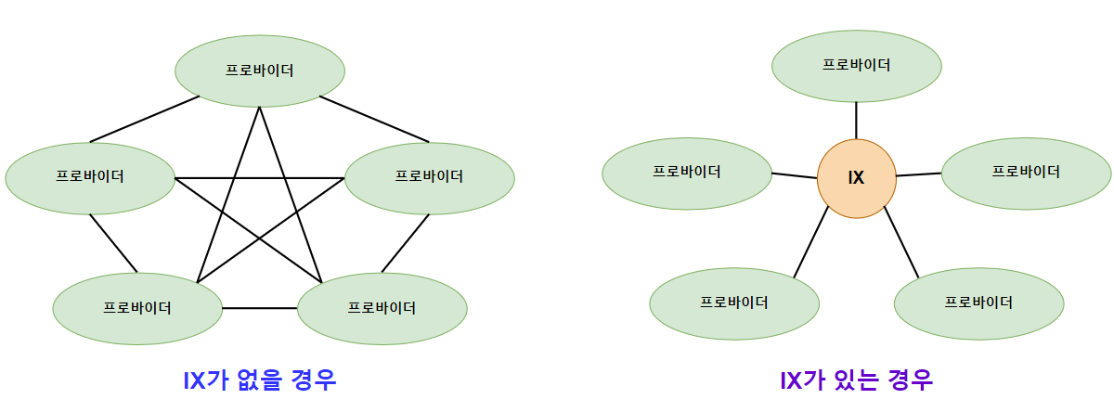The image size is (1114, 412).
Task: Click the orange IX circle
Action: point(856,178)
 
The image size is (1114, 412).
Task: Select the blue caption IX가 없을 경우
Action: point(259,380)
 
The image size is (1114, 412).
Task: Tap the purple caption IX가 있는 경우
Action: point(856,380)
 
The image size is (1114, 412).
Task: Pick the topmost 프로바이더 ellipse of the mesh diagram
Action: point(260,71)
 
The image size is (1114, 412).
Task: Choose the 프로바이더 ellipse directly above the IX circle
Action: point(857,65)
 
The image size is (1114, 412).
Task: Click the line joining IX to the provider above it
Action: point(856,120)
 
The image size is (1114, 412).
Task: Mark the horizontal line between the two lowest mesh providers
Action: point(260,307)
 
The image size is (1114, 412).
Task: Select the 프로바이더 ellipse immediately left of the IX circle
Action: point(687,172)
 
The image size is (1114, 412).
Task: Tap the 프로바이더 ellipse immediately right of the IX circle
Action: point(1026,172)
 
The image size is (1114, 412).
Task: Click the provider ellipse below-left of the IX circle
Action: point(734,303)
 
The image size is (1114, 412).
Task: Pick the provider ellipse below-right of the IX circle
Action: point(978,303)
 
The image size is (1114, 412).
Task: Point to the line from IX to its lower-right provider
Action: point(900,242)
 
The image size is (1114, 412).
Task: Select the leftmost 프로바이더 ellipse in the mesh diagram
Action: point(90,177)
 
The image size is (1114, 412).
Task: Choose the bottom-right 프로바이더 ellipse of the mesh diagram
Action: point(382,308)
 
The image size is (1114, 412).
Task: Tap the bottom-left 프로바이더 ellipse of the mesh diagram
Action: point(137,308)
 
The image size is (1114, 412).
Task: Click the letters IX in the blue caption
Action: point(195,380)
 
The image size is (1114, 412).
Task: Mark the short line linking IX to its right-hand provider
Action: point(919,174)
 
